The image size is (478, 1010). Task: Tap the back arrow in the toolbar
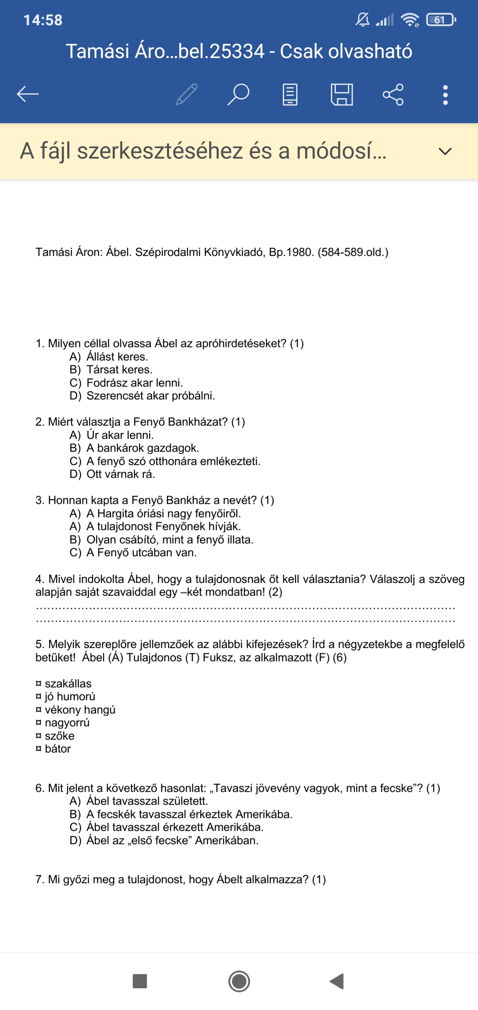click(28, 94)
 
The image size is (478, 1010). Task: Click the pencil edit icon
click(187, 94)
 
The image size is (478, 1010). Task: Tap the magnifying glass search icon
click(239, 94)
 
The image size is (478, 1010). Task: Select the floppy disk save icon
click(342, 94)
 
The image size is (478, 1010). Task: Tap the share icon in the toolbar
click(393, 94)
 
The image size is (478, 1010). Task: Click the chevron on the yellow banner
click(445, 151)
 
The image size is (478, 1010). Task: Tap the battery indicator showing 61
click(440, 20)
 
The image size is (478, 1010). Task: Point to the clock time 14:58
click(43, 20)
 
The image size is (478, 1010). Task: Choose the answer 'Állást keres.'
click(117, 357)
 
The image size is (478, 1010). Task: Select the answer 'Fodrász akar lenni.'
click(135, 383)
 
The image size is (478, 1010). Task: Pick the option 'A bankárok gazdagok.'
click(143, 448)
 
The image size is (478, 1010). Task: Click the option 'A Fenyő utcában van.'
click(141, 552)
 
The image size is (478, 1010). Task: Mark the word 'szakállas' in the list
click(68, 684)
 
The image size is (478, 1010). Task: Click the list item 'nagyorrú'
click(67, 723)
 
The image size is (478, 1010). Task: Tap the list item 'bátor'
click(58, 749)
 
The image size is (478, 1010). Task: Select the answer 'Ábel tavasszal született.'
click(147, 801)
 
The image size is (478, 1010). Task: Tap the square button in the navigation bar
click(140, 981)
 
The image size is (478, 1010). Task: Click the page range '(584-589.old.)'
click(353, 252)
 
